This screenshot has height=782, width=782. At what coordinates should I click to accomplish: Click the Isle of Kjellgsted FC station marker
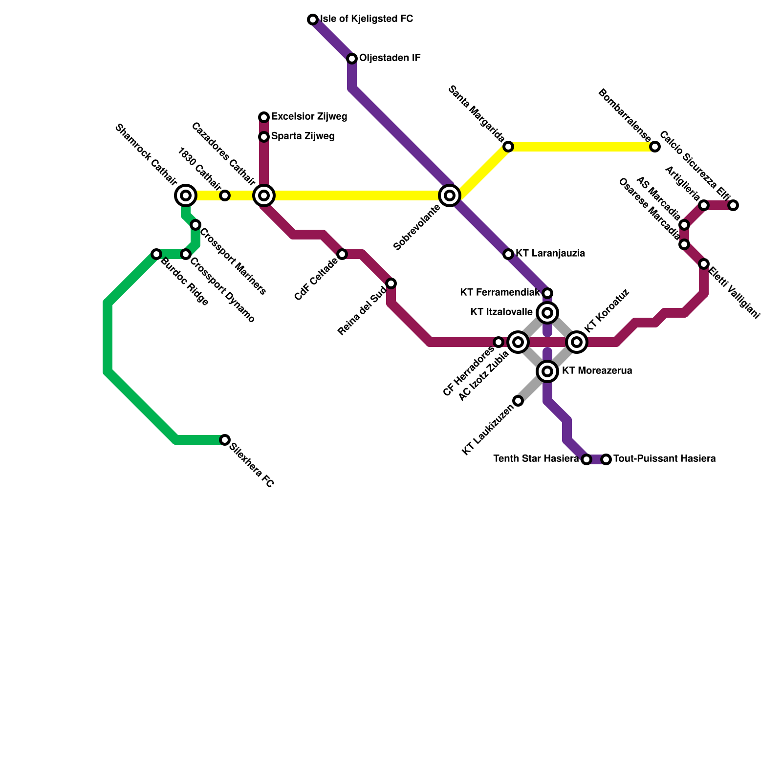click(313, 20)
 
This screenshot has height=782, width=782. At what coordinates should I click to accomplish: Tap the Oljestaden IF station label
click(390, 58)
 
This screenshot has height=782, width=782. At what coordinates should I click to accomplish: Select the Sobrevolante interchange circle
click(450, 195)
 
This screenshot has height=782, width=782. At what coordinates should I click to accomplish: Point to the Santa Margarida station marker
click(508, 147)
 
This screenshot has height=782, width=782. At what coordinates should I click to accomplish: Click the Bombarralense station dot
click(655, 147)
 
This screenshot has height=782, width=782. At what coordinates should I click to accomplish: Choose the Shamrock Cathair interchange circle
click(186, 195)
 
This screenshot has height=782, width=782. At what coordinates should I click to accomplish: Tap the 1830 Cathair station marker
click(225, 195)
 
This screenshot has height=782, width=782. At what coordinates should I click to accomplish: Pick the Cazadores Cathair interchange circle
click(264, 195)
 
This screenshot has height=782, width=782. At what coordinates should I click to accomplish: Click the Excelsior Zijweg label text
click(309, 117)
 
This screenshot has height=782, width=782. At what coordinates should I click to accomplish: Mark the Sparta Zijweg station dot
click(264, 137)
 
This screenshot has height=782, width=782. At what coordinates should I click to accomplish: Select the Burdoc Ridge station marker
click(156, 254)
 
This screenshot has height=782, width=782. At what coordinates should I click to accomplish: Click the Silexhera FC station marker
click(225, 440)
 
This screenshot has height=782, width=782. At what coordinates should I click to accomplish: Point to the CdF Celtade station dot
click(342, 254)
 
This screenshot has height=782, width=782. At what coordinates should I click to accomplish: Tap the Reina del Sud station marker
click(391, 283)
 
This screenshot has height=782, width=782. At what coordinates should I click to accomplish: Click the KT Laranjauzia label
click(550, 254)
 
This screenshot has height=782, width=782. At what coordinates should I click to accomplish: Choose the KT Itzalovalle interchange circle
click(547, 313)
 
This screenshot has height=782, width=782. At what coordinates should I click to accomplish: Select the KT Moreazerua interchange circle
click(547, 371)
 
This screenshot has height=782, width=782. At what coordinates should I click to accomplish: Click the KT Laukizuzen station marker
click(518, 401)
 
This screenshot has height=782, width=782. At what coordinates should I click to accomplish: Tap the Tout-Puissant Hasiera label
click(664, 459)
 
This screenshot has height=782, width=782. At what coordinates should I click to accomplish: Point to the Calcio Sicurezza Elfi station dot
click(733, 205)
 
